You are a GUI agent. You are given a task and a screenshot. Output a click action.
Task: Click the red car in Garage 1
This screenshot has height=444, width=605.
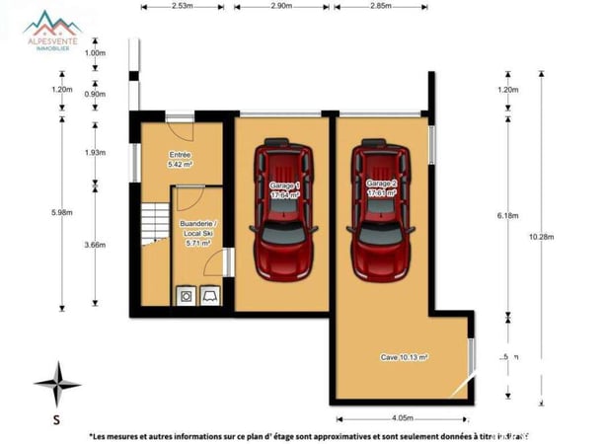pos(283,210)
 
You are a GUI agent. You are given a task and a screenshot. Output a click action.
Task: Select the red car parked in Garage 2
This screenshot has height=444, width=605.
pos(381,210)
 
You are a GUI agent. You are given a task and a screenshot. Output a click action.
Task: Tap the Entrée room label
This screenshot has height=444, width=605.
pos(180,160)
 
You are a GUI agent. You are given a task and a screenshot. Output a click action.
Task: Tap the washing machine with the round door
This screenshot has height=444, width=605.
pos(185,295)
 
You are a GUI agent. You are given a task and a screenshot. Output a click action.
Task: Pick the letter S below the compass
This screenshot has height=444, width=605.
pos(57,417)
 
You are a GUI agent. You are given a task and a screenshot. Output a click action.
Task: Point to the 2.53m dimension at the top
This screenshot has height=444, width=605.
pos(182,6)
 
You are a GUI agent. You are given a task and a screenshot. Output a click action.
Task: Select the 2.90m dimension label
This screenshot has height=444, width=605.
pos(280,6)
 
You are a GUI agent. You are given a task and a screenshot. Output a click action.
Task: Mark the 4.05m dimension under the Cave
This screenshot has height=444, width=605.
pos(402,417)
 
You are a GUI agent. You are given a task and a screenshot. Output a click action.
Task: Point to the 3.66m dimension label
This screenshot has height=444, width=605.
pos(96,245)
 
